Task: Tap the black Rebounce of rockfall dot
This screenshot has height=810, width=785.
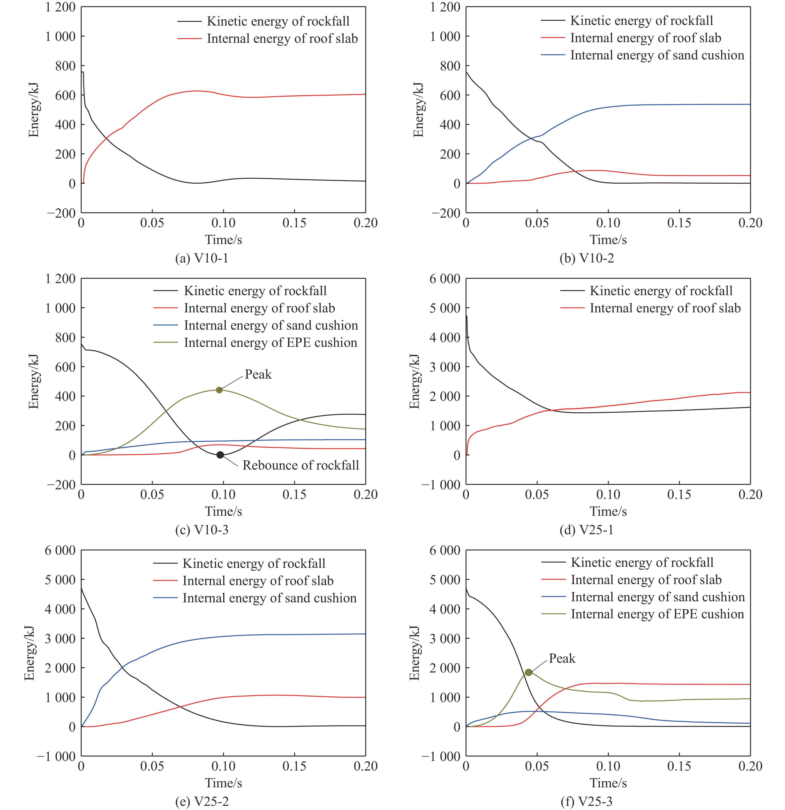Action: point(220,455)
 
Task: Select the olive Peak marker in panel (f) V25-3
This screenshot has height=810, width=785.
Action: point(529,672)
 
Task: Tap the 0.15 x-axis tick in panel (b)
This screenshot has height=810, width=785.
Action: point(679,223)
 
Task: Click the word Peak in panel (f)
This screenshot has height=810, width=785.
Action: point(562,658)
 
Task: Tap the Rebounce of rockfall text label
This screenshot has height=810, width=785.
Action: point(300,465)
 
